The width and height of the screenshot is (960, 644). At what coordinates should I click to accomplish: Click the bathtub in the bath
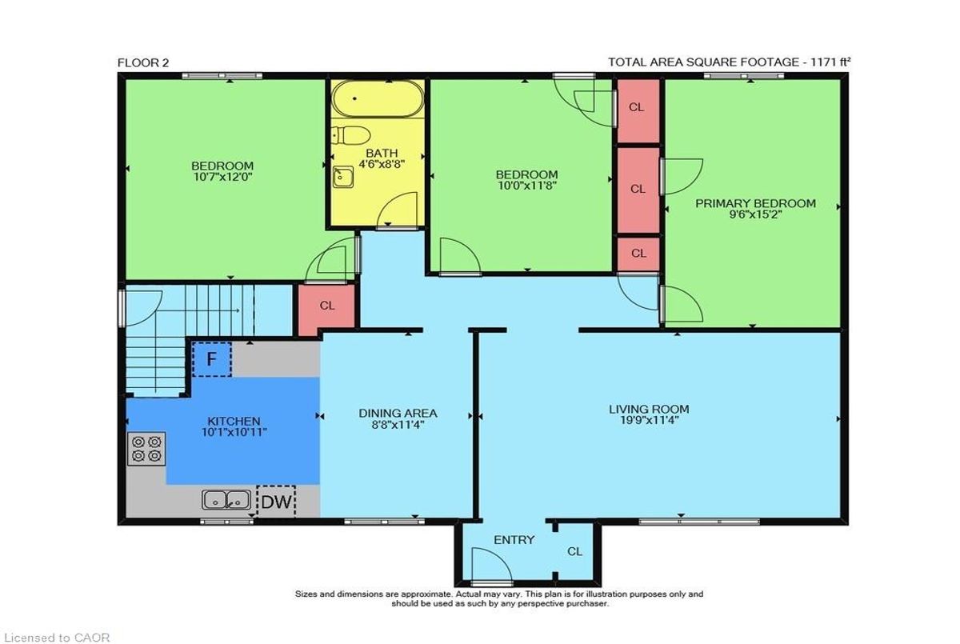pos(378,99)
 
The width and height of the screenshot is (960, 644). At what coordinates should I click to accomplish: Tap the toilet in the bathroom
pos(351,135)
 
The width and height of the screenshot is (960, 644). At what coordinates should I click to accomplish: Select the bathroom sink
pos(343,177)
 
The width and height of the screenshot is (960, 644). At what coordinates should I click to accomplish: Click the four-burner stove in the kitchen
pos(146,448)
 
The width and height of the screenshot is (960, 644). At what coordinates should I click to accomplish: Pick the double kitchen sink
pos(226,500)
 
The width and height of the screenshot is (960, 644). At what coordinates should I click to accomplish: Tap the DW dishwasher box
pos(276,502)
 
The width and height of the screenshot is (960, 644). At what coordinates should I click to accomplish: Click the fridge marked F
pos(212,359)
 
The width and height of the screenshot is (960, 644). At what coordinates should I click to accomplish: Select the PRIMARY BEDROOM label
pos(755,203)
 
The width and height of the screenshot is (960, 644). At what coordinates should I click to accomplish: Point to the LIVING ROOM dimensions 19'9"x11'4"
pos(649,420)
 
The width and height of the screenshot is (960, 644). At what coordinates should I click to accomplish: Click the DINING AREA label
pos(398,413)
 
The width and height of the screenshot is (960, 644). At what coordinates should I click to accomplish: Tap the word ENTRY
pos(514,540)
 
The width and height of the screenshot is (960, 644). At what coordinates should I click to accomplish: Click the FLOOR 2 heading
pos(143,63)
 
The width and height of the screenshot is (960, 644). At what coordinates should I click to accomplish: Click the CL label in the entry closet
pos(574,551)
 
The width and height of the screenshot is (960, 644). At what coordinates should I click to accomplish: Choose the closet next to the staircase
pos(326,310)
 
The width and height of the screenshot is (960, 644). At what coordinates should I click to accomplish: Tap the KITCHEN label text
pos(234,421)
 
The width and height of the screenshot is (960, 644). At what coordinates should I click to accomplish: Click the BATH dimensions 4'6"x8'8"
pos(382,163)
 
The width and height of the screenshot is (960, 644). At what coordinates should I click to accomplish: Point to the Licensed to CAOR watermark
pos(56,637)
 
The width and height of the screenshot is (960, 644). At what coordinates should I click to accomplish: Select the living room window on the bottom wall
pos(699,522)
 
